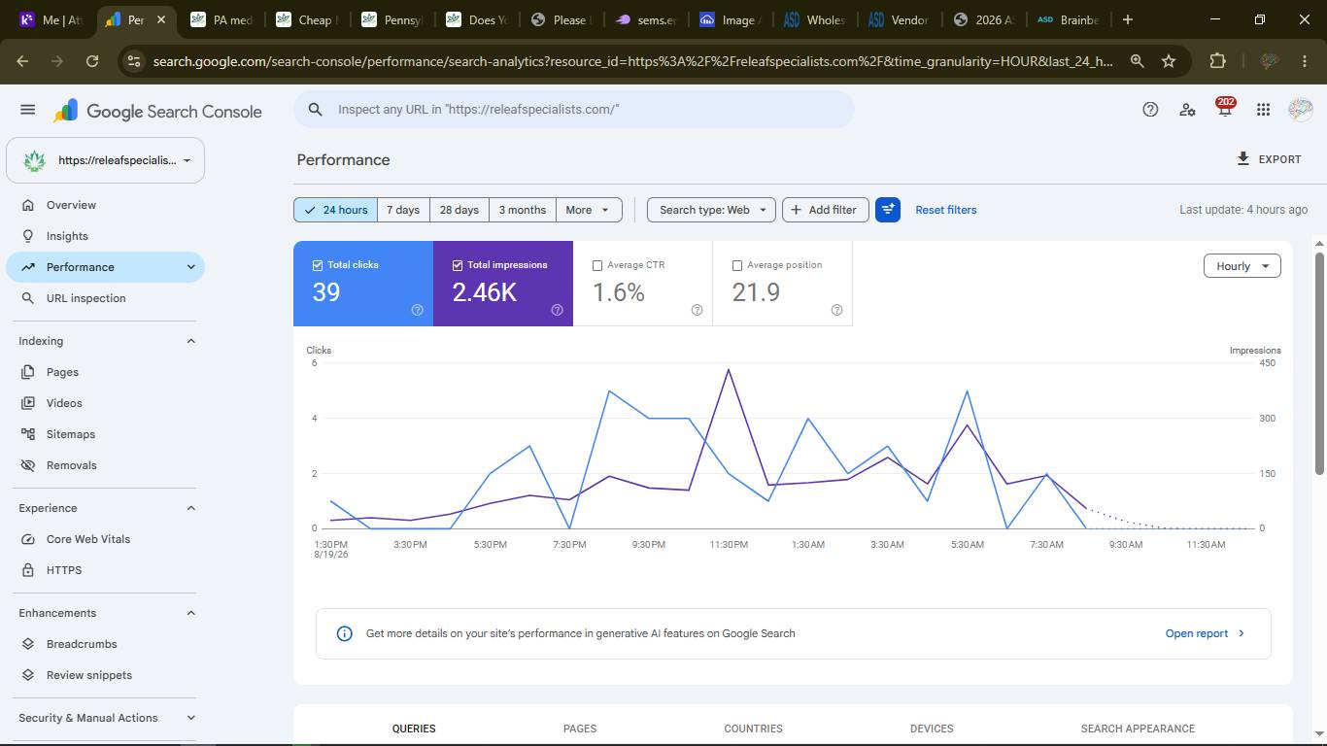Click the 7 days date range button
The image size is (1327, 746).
[x=403, y=210]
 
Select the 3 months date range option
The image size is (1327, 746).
[x=522, y=210]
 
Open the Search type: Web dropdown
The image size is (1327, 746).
[x=711, y=210]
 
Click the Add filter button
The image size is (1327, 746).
[x=825, y=210]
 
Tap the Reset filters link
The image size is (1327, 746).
[x=945, y=210]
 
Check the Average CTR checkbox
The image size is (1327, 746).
[x=597, y=265]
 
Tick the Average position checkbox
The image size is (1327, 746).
[x=737, y=265]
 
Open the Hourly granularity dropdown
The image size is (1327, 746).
[x=1242, y=266]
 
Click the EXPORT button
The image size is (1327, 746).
[x=1269, y=159]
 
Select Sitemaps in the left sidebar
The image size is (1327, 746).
[x=71, y=434]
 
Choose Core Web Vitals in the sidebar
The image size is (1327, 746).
[x=88, y=539]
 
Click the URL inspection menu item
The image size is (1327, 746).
[x=85, y=298]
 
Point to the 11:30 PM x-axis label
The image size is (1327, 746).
[x=729, y=545]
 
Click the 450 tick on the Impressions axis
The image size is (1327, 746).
[x=1267, y=363]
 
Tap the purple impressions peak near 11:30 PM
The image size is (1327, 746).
[x=728, y=370]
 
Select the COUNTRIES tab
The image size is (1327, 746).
[x=753, y=729]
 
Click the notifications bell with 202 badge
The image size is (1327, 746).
[x=1225, y=109]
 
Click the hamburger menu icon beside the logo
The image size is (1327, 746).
[x=27, y=110]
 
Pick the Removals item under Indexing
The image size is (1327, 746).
[x=71, y=465]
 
